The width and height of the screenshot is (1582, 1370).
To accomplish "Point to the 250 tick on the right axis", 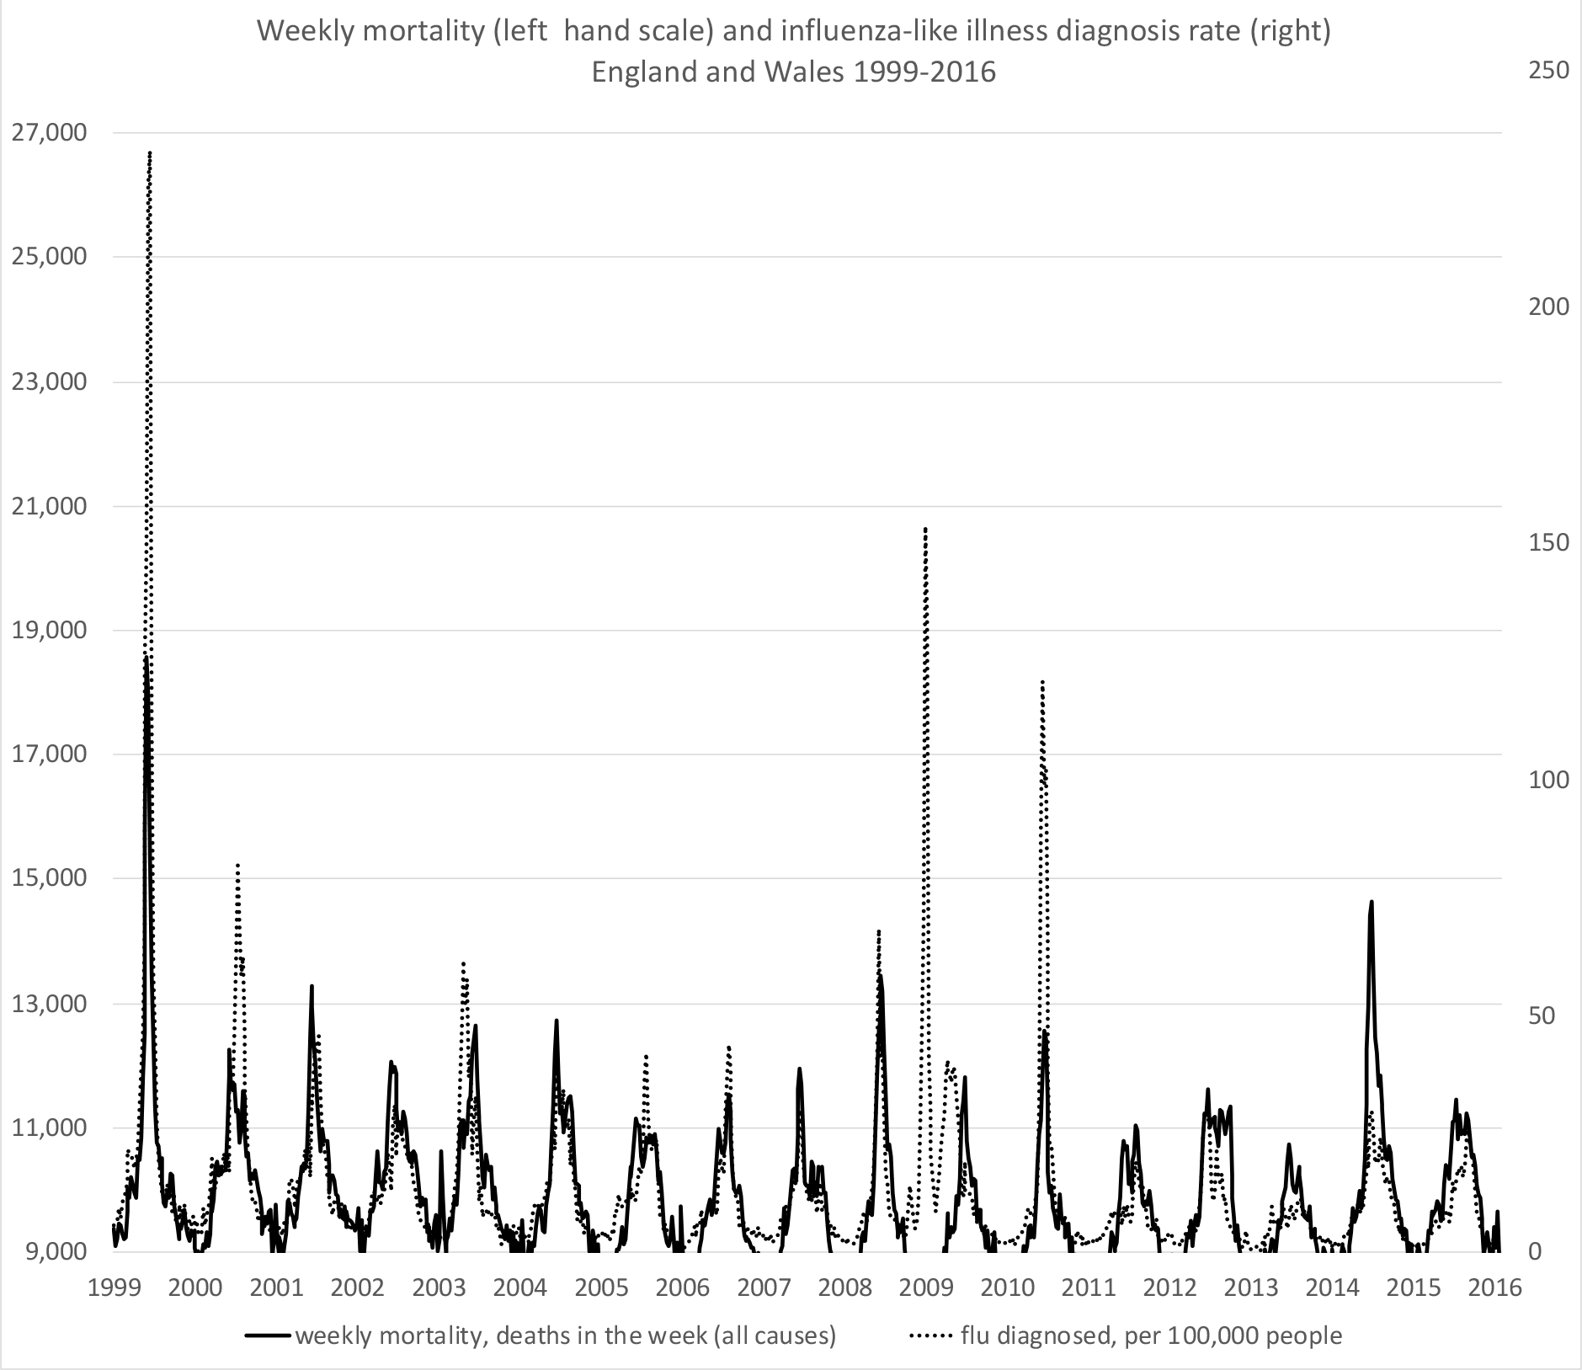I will click(x=1547, y=69).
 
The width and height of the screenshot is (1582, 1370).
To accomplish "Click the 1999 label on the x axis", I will click(x=115, y=1287).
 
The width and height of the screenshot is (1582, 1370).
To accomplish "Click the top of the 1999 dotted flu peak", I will click(x=150, y=152).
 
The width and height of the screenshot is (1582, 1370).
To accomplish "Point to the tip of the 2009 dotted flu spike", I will click(x=926, y=529).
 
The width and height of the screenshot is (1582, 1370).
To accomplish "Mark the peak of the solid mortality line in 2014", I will click(x=1372, y=902).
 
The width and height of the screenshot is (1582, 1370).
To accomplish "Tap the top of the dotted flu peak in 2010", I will click(x=1042, y=680).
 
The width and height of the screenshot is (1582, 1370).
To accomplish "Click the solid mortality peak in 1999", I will click(x=146, y=656).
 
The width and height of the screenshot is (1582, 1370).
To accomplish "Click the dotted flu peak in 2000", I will click(x=237, y=865).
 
